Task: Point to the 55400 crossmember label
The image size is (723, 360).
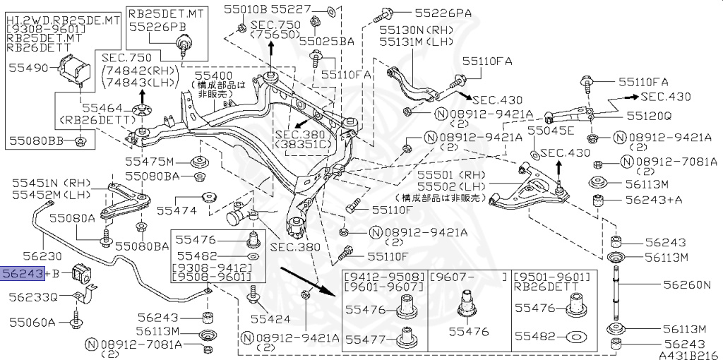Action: point(213,74)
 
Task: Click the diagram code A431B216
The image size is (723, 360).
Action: point(689,354)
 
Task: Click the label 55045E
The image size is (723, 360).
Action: point(552,131)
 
